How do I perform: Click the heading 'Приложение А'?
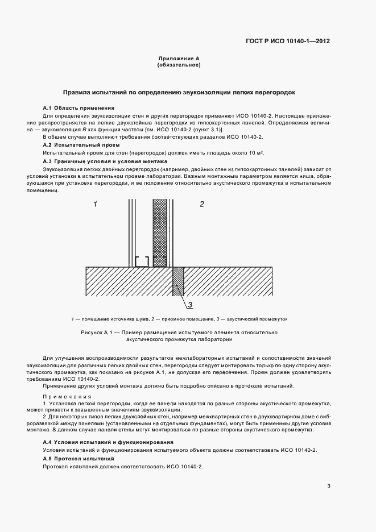tap(179, 59)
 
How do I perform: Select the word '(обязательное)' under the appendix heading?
tap(179, 65)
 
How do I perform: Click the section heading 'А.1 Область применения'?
tap(78, 107)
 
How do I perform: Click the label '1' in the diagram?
tap(96, 203)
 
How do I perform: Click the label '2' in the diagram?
tap(201, 203)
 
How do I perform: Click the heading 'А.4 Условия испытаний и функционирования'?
tap(109, 442)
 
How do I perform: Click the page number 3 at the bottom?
tap(329, 485)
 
